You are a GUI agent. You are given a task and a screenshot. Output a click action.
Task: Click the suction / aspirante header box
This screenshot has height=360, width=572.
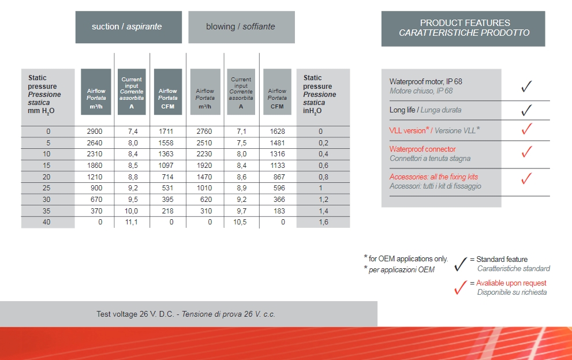point(128,27)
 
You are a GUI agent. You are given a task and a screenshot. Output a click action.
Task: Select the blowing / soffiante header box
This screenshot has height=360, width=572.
point(241,27)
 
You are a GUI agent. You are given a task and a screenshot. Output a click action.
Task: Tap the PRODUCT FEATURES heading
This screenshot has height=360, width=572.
point(463,28)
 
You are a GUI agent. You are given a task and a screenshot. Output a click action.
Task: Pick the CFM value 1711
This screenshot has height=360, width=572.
point(166,132)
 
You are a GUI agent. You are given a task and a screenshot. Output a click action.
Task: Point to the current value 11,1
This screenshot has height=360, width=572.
point(133,222)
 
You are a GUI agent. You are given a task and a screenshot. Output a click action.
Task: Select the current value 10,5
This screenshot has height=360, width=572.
point(241,222)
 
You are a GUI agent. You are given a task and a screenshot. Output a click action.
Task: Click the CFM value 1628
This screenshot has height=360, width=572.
point(277,132)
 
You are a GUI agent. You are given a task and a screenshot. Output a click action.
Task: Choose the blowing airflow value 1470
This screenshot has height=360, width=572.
point(204,177)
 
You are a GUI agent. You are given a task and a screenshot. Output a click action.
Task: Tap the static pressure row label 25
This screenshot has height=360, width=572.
point(47,188)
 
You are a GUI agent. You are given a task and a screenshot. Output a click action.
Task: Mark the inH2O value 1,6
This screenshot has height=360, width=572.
point(323,222)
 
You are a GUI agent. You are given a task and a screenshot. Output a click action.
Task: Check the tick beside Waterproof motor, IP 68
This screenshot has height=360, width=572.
point(526,87)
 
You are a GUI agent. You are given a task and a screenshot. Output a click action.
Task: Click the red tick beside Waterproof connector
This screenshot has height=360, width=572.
point(526,152)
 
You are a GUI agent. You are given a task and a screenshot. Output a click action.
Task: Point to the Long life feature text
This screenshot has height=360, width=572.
point(425,110)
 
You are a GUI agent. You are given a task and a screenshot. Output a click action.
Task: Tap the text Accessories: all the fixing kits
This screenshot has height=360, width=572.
point(433,177)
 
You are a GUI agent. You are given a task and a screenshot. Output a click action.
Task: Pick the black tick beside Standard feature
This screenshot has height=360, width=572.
point(460,264)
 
